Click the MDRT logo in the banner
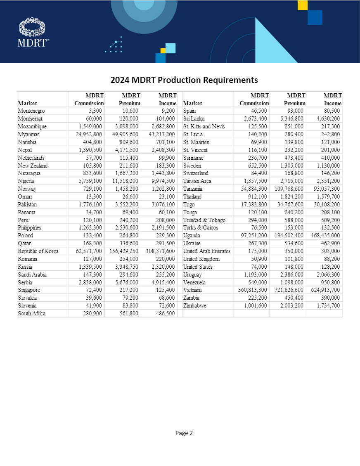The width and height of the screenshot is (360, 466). tap(33, 32)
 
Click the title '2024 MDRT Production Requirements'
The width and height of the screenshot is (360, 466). tap(184, 80)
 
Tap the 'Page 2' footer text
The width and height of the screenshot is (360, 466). tap(184, 433)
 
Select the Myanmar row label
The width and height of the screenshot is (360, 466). tap(29, 134)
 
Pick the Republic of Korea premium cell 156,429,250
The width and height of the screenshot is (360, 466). tap(124, 251)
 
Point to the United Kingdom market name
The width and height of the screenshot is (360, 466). tap(201, 259)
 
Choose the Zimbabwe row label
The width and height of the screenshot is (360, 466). tap(196, 305)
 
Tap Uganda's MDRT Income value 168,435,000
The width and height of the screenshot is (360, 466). tap(325, 236)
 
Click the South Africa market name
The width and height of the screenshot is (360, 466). tap(32, 313)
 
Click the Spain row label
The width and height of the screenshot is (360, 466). tap(189, 111)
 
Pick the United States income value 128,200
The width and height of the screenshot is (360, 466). tap(331, 267)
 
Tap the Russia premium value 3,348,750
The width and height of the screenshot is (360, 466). tap(126, 267)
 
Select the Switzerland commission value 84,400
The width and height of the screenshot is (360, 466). tap(258, 173)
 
